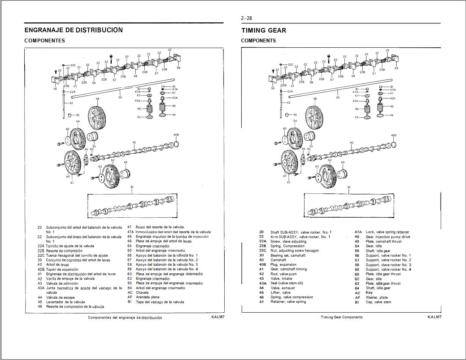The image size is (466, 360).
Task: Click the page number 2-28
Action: pos(246,18)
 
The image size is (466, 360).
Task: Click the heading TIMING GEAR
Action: pos(264,30)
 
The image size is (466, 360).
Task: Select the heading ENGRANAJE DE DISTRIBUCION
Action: pos(73,30)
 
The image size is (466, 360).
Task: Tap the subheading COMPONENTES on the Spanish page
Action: pos(45,41)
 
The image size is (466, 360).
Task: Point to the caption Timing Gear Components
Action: pos(341,317)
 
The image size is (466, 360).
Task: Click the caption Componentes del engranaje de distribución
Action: pos(125,318)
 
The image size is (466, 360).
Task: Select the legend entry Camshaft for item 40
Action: pos(278,260)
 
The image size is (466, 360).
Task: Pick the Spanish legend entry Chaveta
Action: pos(142,293)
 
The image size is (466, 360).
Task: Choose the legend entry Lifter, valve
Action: pos(280,293)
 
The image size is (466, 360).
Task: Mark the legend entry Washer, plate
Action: pos(377,298)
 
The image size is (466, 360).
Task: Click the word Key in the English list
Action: pos(369,293)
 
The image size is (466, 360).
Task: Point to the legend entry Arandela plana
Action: pos(148,297)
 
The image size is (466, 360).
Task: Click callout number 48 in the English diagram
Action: pos(315,99)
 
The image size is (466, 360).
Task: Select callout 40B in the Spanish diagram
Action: pos(176,135)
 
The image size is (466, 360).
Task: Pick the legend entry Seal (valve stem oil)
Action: pos(286,283)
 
